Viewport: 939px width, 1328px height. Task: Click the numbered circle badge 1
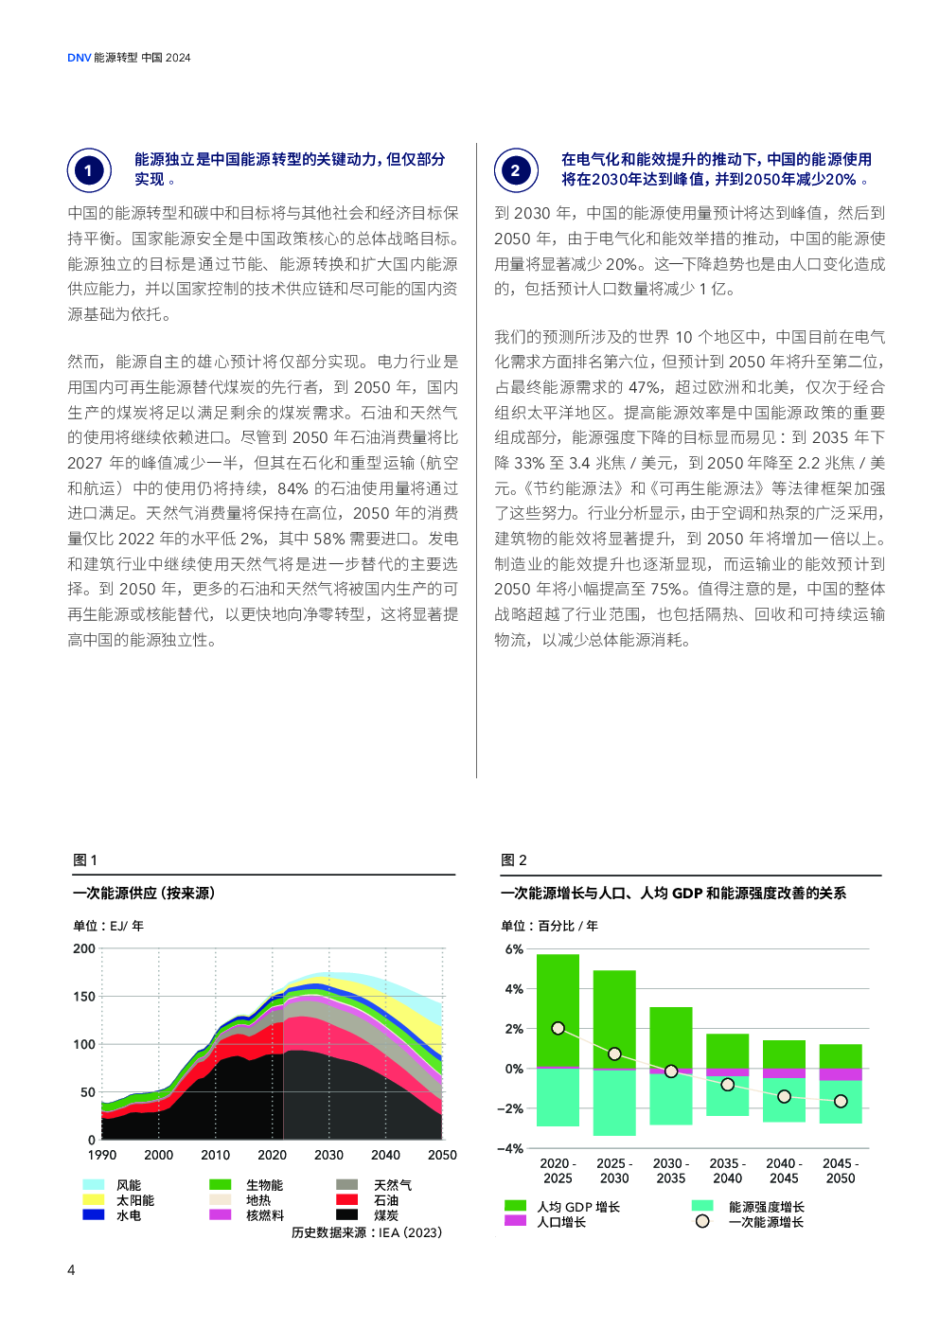pos(89,170)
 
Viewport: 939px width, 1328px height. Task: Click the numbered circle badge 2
pos(516,170)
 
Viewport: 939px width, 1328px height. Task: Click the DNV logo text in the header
pos(79,58)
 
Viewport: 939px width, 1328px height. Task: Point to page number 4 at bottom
pos(71,1269)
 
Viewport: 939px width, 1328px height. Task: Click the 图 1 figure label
pos(85,859)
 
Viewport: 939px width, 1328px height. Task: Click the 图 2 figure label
pos(513,859)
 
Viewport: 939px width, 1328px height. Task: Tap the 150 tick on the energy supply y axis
pos(84,996)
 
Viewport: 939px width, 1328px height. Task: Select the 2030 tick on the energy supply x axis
pos(328,1154)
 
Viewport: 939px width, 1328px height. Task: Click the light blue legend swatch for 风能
pos(94,1184)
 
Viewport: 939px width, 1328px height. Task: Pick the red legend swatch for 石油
pos(346,1199)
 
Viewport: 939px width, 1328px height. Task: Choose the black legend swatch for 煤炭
pos(346,1214)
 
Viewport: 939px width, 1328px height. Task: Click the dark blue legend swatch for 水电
pos(94,1214)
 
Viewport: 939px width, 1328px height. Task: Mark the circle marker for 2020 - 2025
pos(558,1028)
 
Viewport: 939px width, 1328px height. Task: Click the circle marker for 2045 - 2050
pos(841,1101)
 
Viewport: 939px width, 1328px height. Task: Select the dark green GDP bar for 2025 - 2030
pos(614,1019)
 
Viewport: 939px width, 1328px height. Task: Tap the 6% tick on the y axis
pos(514,949)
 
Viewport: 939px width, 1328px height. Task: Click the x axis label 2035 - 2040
pos(727,1170)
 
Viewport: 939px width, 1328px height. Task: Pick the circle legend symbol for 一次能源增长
pos(702,1221)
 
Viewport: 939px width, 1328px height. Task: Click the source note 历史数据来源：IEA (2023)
pos(366,1232)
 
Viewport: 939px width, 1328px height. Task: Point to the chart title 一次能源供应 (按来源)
pos(144,893)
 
